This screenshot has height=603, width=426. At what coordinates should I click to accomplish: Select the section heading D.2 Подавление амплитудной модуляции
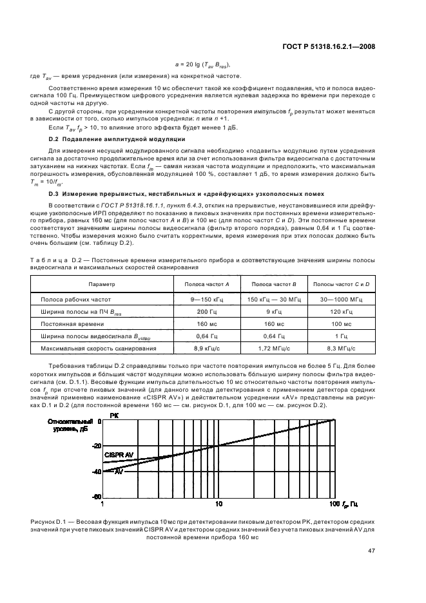pos(108,140)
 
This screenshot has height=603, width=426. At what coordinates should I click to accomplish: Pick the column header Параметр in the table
pos(102,284)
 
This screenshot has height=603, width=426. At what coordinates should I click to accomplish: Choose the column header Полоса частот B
pos(273,284)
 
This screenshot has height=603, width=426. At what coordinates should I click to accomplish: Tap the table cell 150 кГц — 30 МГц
pos(273,300)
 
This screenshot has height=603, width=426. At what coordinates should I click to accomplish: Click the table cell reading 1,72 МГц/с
pos(273,349)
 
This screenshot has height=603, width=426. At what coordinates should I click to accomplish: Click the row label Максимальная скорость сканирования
pos(98,349)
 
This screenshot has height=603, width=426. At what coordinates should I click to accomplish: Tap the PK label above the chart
pos(114,416)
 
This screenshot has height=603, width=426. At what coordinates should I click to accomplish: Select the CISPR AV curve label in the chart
pos(119,455)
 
